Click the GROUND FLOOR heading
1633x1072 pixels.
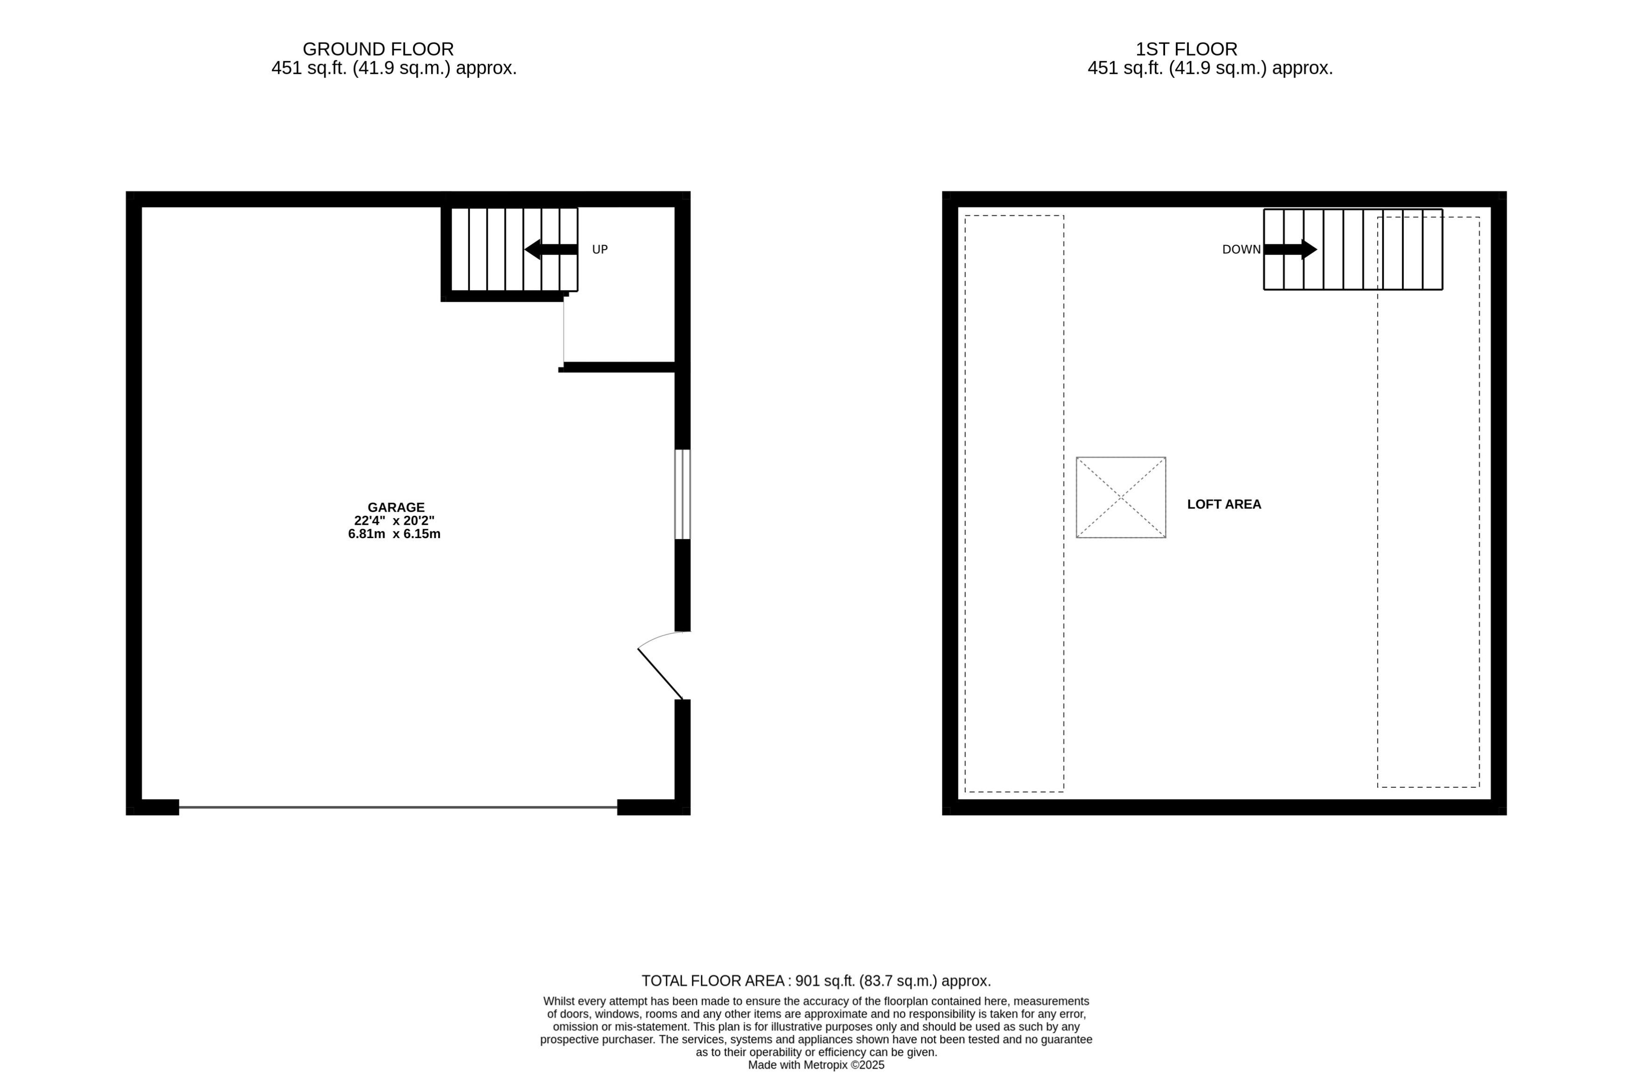point(378,49)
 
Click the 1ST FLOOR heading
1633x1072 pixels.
point(1186,49)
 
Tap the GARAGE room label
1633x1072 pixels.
point(396,508)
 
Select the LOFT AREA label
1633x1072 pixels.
point(1224,504)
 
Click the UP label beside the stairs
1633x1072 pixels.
point(600,250)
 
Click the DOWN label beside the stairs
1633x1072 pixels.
point(1241,250)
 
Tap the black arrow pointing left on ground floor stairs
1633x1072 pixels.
point(551,249)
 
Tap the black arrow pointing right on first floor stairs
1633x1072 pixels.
point(1290,249)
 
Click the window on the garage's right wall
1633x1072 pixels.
point(682,494)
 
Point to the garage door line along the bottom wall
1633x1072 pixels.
point(398,807)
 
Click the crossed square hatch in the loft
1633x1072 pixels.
point(1120,497)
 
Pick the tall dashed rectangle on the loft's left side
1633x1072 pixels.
point(1014,504)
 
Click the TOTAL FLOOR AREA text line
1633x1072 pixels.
point(816,981)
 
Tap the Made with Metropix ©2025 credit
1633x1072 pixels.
point(816,1065)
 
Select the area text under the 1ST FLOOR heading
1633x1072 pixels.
point(1210,69)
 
